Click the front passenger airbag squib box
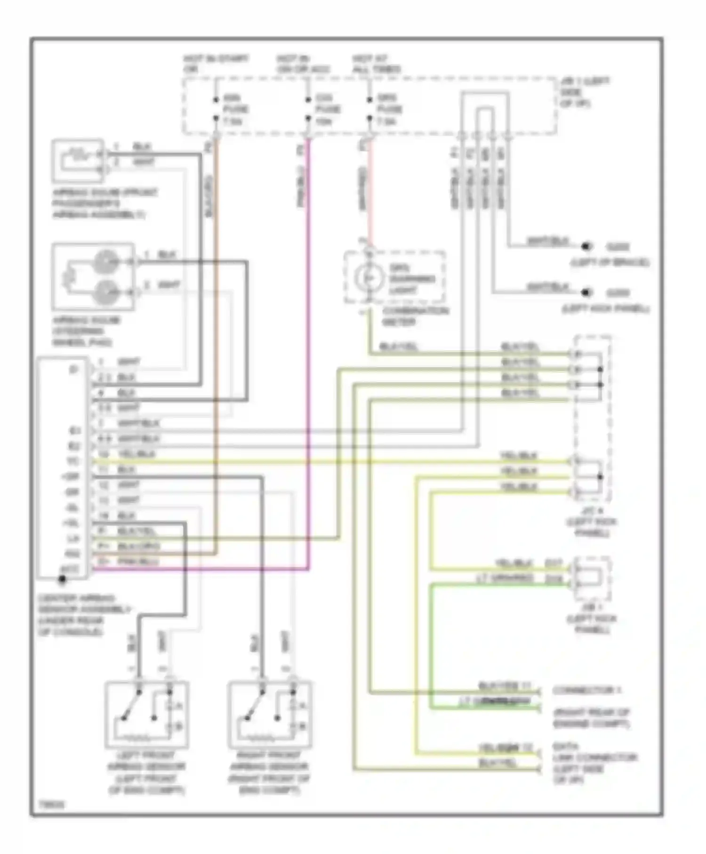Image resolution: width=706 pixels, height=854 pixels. (78, 161)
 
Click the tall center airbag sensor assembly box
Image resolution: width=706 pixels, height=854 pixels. (63, 468)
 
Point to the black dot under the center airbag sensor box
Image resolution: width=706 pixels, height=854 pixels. (62, 580)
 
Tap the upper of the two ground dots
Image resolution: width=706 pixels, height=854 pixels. (586, 246)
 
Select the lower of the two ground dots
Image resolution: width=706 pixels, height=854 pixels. (586, 292)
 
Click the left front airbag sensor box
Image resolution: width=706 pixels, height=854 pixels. (147, 715)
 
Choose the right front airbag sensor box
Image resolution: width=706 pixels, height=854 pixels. (269, 715)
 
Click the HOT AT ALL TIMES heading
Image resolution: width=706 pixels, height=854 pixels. (377, 64)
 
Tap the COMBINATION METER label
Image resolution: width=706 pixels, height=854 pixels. (415, 316)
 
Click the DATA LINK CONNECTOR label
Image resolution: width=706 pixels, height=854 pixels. (594, 763)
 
